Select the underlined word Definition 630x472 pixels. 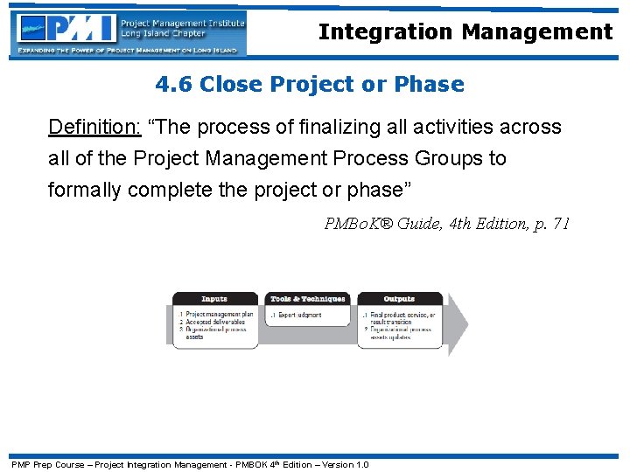click(94, 128)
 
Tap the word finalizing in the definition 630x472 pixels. click(336, 128)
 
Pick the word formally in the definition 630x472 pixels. click(84, 191)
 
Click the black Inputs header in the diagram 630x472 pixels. click(214, 299)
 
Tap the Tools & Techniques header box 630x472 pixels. click(308, 299)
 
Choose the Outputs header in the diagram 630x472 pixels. click(399, 299)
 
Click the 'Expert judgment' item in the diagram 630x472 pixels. click(299, 315)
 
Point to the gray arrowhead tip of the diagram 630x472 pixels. click(465, 324)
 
